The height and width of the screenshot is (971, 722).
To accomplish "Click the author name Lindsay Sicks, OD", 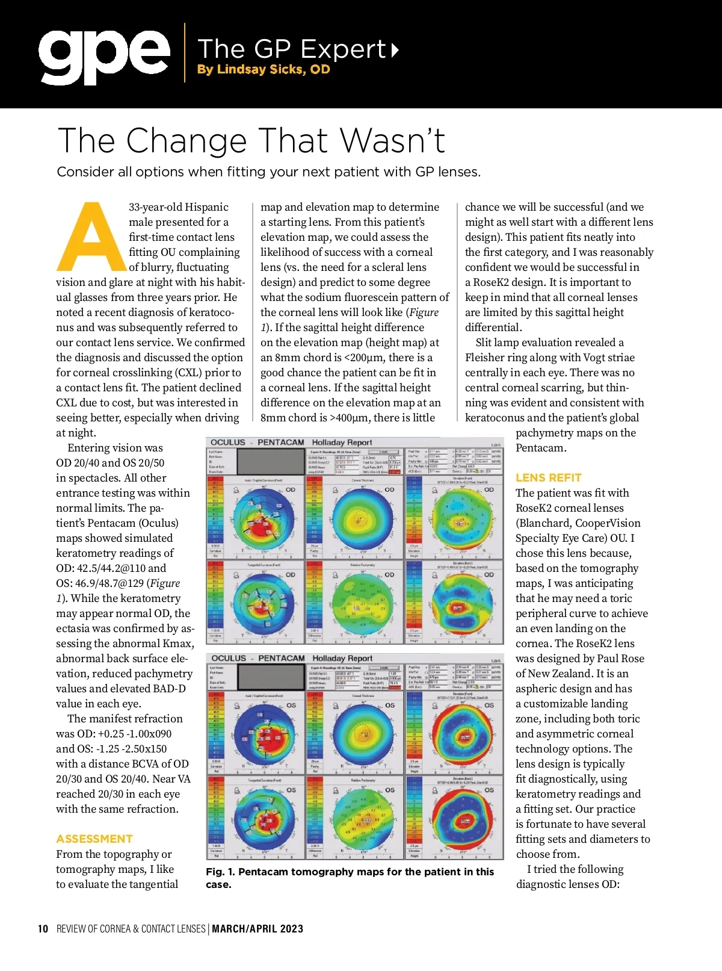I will tap(264, 69).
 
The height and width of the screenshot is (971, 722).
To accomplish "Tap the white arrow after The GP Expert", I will tap(395, 49).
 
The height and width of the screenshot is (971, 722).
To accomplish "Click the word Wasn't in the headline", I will tap(394, 141).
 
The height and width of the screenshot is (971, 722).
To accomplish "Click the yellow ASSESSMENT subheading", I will tap(94, 839).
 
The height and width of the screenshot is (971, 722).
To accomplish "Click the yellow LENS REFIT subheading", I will tap(548, 477).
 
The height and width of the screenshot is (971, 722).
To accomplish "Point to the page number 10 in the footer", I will tap(43, 929).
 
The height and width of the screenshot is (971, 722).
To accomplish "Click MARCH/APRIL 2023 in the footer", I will tap(258, 929).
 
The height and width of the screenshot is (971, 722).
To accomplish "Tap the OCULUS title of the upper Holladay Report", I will tap(228, 442).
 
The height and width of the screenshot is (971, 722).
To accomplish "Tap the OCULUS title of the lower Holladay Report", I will tap(229, 659).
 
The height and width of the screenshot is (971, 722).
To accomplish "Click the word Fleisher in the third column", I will tap(485, 358).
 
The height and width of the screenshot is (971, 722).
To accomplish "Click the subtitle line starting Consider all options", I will tap(268, 172).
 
